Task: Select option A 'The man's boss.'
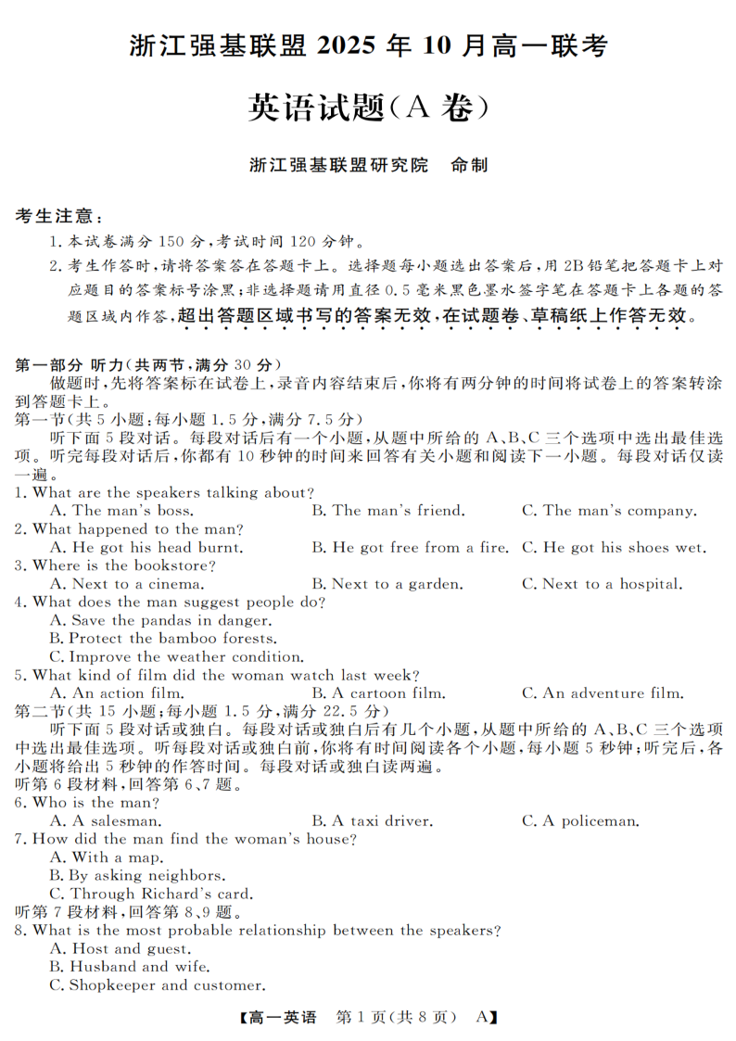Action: coord(121,511)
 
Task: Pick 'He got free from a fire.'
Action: coord(410,548)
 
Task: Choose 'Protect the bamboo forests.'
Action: coord(163,639)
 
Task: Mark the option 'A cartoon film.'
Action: coord(378,693)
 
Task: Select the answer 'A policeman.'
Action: coord(580,821)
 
